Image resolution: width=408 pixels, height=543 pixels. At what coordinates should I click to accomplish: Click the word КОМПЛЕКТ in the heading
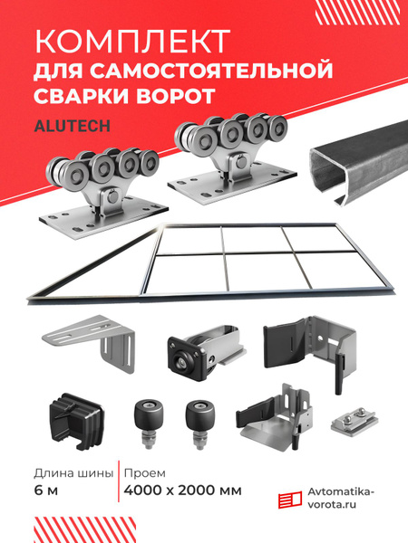(132, 41)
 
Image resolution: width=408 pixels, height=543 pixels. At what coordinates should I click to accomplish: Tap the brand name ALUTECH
(73, 126)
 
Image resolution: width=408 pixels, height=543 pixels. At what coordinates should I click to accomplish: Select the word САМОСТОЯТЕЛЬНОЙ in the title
(211, 70)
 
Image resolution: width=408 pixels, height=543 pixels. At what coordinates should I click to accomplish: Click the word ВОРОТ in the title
(175, 96)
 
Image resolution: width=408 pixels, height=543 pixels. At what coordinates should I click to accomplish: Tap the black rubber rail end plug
(76, 421)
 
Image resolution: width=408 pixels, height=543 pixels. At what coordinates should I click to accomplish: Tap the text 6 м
(46, 491)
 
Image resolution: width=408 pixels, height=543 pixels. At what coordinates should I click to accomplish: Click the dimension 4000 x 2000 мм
(182, 491)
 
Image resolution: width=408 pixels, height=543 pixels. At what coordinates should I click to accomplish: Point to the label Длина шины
(73, 473)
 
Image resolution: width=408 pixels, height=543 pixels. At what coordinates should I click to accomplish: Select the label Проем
(145, 473)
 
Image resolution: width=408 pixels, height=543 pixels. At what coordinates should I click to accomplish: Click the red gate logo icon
(290, 499)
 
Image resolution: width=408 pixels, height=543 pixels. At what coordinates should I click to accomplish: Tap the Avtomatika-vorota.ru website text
(341, 498)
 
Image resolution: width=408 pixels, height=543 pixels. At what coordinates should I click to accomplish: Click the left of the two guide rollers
(149, 424)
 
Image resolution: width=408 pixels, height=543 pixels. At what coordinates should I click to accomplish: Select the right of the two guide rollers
(199, 424)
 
